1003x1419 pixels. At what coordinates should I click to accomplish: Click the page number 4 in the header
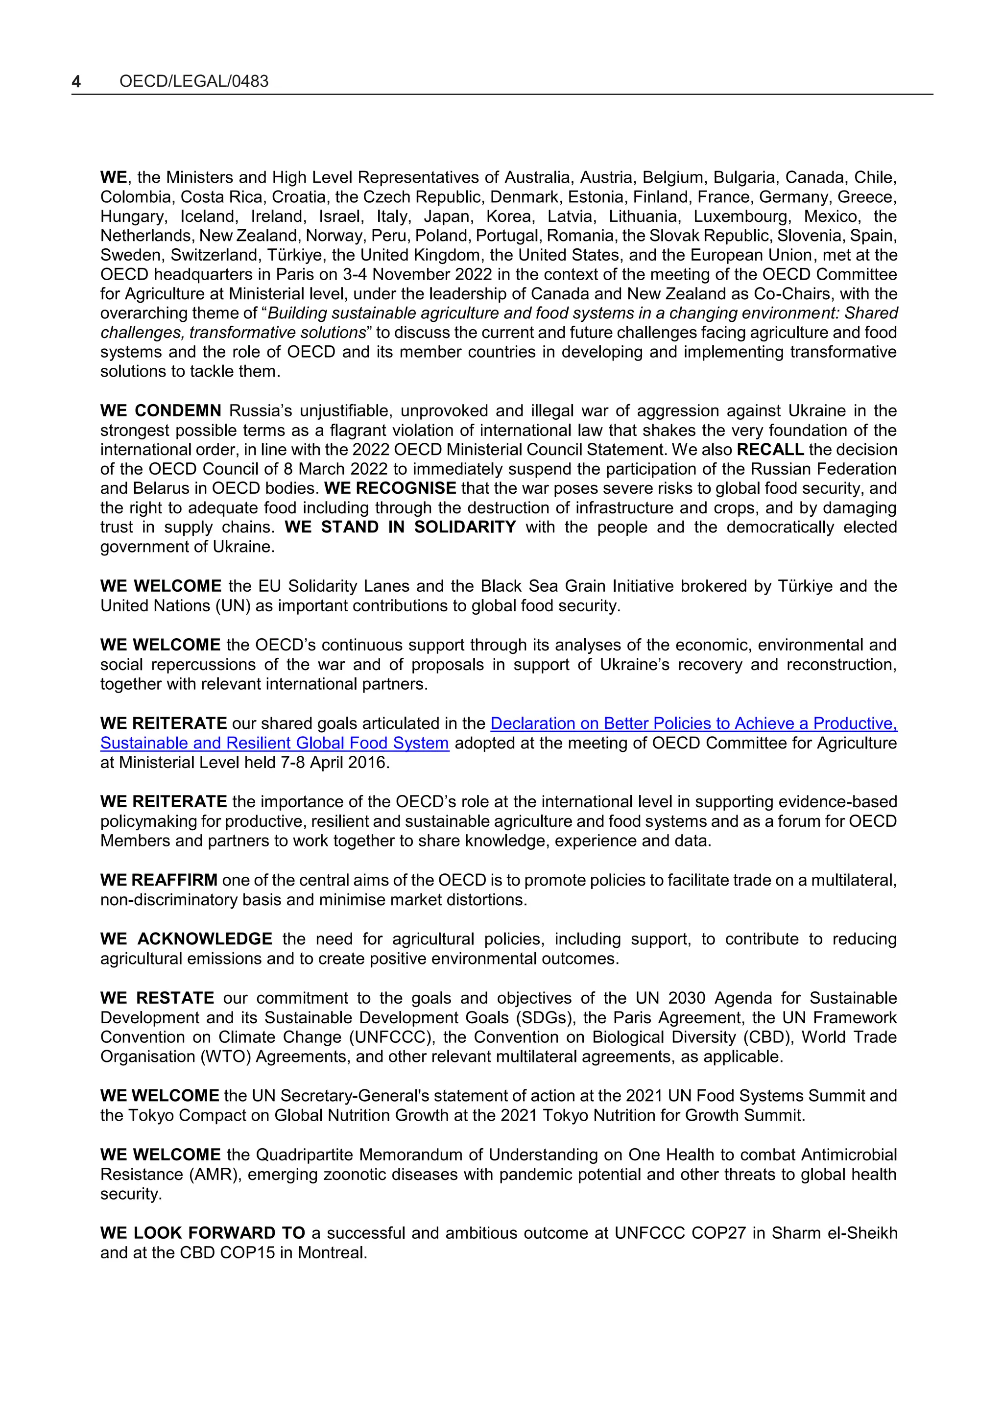coord(76,82)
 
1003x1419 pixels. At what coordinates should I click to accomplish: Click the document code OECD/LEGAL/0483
coord(193,82)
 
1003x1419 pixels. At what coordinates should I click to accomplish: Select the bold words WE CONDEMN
coord(161,411)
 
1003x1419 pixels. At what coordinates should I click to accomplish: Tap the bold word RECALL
coord(770,450)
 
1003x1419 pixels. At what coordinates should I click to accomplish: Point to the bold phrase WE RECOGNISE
coord(390,488)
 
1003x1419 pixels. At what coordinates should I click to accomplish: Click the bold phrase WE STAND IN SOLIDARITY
coord(400,527)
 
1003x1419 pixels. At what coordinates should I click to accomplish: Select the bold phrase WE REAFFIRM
coord(159,880)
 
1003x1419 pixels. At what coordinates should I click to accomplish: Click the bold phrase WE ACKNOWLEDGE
coord(186,939)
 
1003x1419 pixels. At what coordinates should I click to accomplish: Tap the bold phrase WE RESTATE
coord(157,998)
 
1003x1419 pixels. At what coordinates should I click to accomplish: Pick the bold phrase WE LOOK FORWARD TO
coord(203,1233)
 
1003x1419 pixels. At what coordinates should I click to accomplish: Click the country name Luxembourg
coord(741,216)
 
